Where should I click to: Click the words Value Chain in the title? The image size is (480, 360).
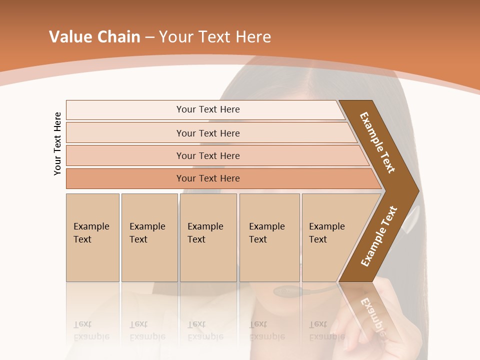pyautogui.click(x=94, y=37)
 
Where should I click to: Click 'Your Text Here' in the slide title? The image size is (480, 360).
pyautogui.click(x=215, y=37)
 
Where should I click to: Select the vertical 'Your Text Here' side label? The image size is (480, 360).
pyautogui.click(x=57, y=144)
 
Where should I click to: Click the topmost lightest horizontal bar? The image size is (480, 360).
pyautogui.click(x=125, y=110)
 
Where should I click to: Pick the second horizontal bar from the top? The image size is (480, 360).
pyautogui.click(x=125, y=133)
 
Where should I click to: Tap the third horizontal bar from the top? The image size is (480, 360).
pyautogui.click(x=125, y=155)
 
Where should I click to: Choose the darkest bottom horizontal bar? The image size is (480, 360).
pyautogui.click(x=125, y=178)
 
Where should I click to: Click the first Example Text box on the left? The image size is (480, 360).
pyautogui.click(x=92, y=237)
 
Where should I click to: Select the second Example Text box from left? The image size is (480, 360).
pyautogui.click(x=149, y=237)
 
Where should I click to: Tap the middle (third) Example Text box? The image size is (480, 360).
pyautogui.click(x=208, y=237)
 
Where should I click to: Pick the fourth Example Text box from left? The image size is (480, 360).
pyautogui.click(x=269, y=237)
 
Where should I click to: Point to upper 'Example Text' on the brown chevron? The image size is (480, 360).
pyautogui.click(x=377, y=142)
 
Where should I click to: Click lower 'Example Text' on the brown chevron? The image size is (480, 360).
pyautogui.click(x=378, y=236)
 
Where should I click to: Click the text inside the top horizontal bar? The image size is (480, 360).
pyautogui.click(x=208, y=109)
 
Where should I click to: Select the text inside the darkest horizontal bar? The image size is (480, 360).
pyautogui.click(x=208, y=178)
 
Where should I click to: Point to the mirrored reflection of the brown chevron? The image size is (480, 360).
pyautogui.click(x=370, y=312)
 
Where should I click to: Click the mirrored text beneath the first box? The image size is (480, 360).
pyautogui.click(x=91, y=330)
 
